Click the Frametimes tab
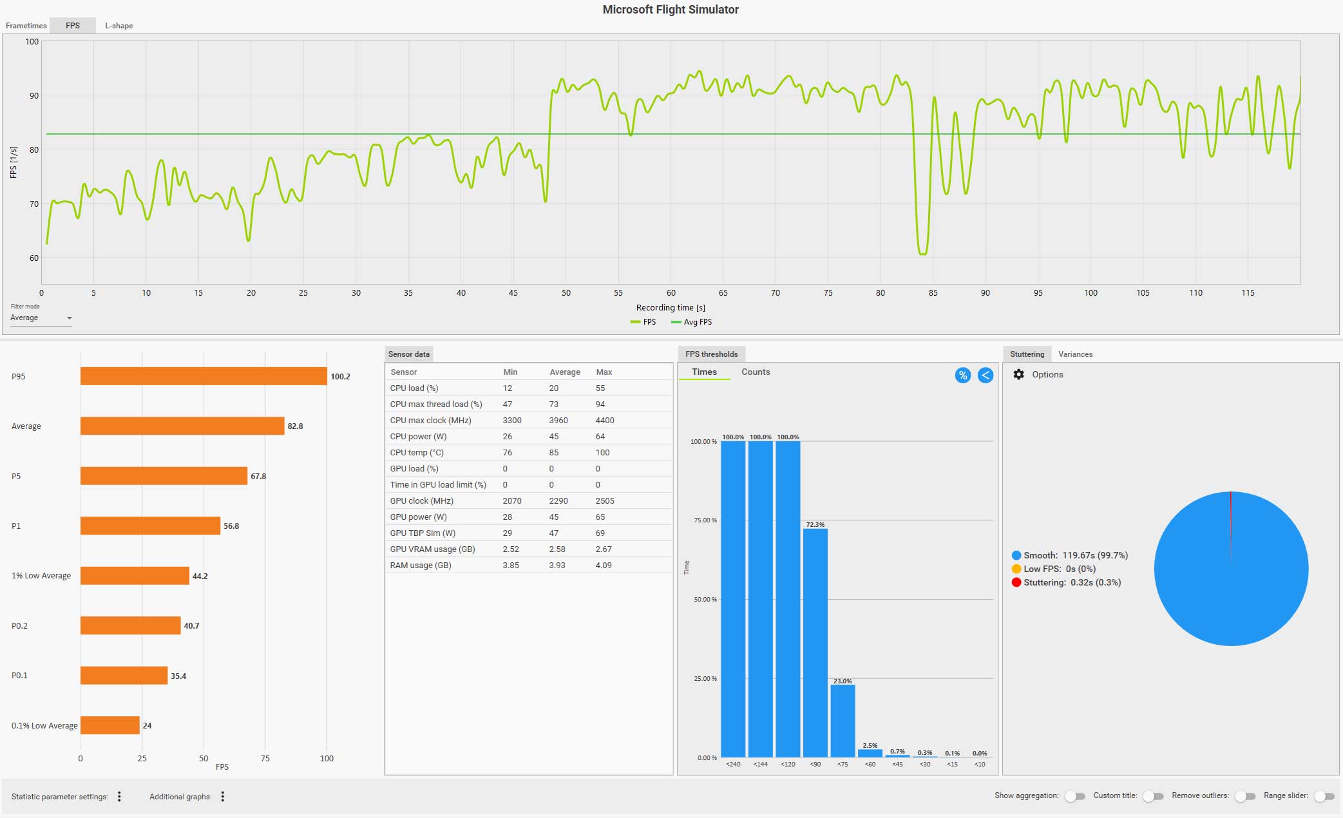(x=26, y=26)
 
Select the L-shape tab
(x=119, y=26)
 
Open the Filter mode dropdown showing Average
(x=41, y=318)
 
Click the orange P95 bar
(x=203, y=376)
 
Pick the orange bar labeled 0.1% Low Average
(x=110, y=725)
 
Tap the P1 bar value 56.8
(x=231, y=526)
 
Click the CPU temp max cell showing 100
(x=602, y=452)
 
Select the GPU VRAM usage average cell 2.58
(x=557, y=549)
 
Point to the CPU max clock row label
(x=430, y=420)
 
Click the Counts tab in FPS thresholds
(x=755, y=372)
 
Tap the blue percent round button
(x=962, y=375)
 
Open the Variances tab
(x=1075, y=354)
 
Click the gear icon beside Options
(x=1018, y=374)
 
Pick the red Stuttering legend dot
(x=1016, y=582)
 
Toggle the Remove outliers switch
(x=1246, y=796)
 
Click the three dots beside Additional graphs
(x=223, y=797)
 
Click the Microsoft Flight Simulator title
(x=671, y=10)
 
